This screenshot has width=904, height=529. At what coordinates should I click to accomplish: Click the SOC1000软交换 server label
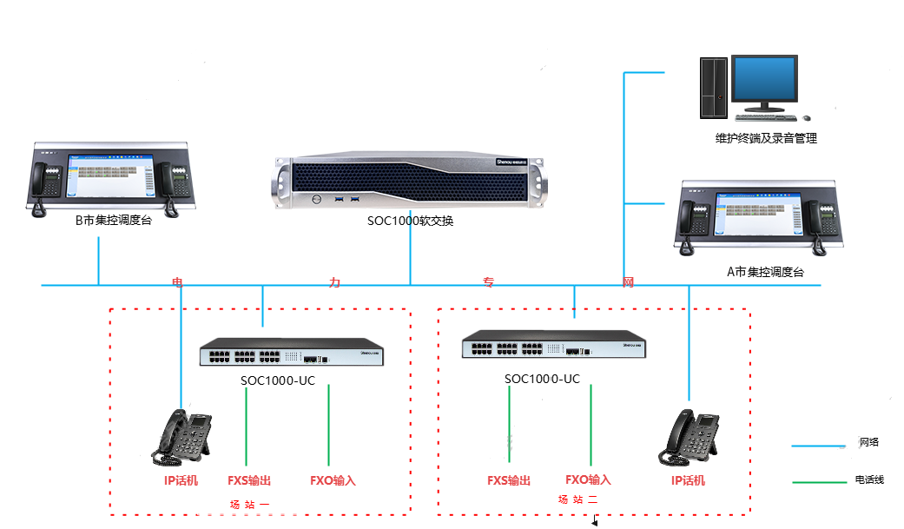[410, 222]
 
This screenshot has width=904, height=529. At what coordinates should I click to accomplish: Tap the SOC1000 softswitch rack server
[410, 184]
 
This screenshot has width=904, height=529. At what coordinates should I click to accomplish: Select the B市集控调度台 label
[113, 221]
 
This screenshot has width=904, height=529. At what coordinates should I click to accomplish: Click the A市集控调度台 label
[765, 272]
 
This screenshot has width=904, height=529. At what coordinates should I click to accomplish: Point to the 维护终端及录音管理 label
[765, 138]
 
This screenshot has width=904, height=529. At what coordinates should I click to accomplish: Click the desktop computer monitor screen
[765, 79]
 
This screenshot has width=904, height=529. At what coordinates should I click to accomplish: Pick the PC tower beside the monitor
[713, 87]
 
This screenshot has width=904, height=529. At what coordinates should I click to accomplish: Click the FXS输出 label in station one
[249, 480]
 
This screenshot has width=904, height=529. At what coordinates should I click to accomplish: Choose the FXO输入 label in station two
[588, 479]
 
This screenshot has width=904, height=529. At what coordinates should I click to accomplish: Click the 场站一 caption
[250, 504]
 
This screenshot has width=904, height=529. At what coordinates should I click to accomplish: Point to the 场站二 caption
[577, 499]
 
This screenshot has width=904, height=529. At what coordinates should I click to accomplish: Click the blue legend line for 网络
[818, 446]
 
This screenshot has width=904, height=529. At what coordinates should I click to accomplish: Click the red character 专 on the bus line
[489, 282]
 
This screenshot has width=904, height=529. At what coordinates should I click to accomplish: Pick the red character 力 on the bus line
[334, 282]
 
